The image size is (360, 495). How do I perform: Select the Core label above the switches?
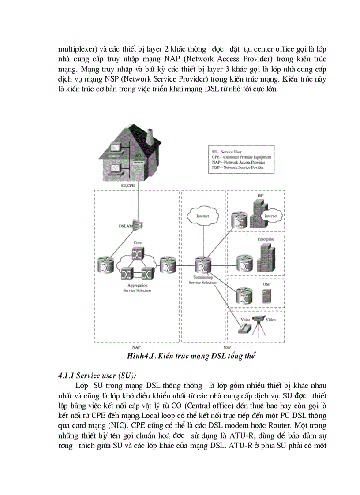pos(137,242)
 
